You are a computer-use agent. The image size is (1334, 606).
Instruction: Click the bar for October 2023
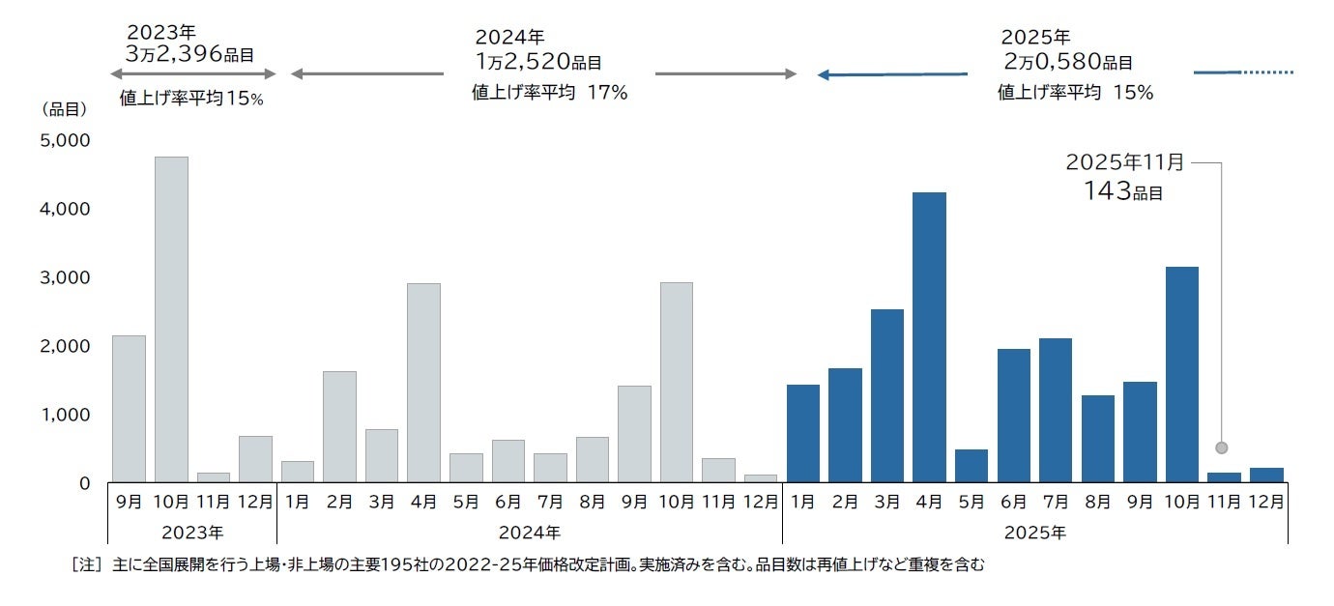171,319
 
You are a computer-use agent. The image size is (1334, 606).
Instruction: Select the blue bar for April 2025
929,337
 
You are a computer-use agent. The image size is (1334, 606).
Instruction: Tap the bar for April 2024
423,383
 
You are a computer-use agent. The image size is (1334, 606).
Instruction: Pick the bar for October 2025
1181,374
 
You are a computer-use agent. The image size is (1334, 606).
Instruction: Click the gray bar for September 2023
129,409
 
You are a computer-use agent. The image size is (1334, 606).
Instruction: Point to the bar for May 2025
971,466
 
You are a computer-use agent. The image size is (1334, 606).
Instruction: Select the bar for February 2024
339,426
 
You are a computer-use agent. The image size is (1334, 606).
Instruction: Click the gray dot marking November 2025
1222,447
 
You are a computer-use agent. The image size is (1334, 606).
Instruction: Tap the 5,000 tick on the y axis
65,140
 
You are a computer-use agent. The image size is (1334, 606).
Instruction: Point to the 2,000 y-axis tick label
65,346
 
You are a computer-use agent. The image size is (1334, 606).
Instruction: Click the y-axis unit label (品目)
65,109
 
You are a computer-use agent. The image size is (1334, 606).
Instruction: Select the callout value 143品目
1122,191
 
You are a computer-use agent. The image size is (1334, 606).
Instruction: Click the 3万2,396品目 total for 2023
189,54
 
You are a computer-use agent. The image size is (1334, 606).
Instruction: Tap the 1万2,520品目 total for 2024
537,62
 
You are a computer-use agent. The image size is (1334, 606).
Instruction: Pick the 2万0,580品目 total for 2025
1067,62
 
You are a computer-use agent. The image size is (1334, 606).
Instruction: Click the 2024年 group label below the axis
530,533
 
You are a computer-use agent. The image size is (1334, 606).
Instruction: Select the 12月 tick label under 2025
1265,503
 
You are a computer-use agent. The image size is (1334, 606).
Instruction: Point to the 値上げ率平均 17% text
549,93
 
